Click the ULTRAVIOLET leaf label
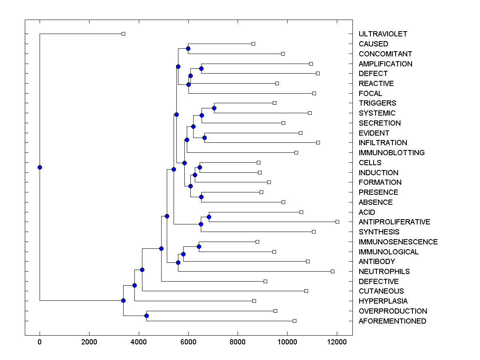point(383,34)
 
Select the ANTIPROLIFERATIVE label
point(394,222)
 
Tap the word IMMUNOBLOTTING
point(392,153)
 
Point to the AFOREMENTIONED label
point(392,321)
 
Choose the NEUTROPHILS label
point(384,272)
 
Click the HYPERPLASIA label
point(383,301)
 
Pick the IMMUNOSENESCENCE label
point(398,242)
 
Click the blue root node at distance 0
point(40,167)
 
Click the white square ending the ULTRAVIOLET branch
point(123,34)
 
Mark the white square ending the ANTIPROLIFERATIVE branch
point(337,222)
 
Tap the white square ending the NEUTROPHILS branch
point(332,271)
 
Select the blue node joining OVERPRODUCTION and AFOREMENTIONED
point(146,316)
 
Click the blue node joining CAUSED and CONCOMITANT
point(188,48)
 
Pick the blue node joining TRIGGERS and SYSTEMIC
point(214,108)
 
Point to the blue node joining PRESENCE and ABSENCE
point(201,197)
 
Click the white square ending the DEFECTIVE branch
point(265,281)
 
